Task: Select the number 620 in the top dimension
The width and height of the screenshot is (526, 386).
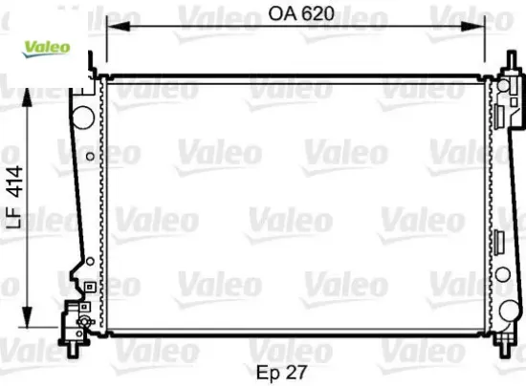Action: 316,13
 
